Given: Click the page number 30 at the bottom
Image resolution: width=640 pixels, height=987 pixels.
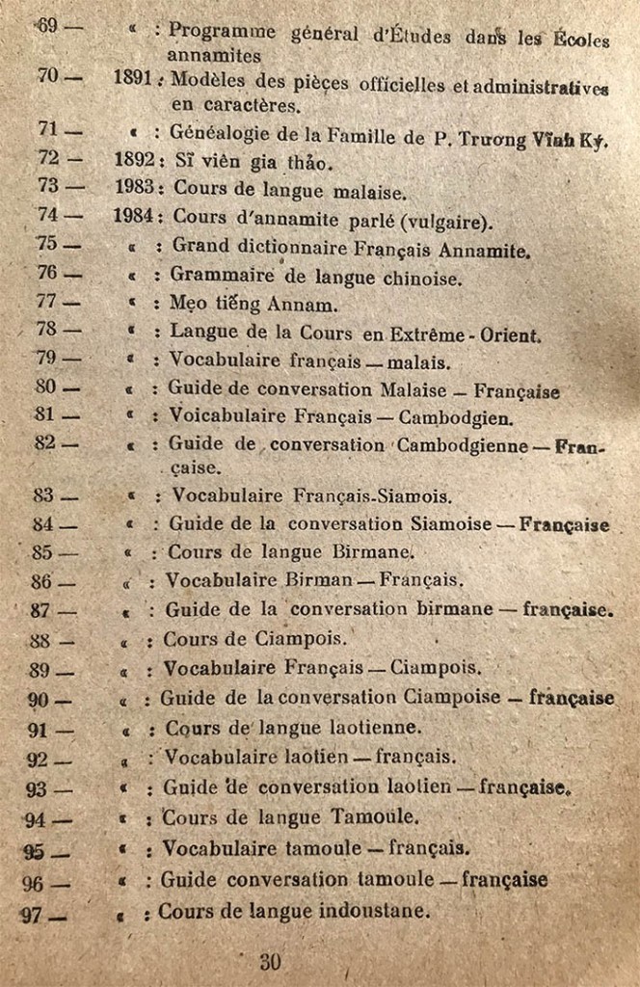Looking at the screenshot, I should [x=270, y=961].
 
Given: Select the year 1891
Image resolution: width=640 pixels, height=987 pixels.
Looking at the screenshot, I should [x=132, y=80].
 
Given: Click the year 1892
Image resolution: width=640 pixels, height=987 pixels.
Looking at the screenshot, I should [x=134, y=159].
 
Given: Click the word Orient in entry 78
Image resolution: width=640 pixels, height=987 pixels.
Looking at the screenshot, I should [x=509, y=335].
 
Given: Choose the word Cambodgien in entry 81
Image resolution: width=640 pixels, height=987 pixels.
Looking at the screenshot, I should [x=455, y=418].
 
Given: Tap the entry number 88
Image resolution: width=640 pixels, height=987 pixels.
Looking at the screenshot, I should [x=41, y=640].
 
